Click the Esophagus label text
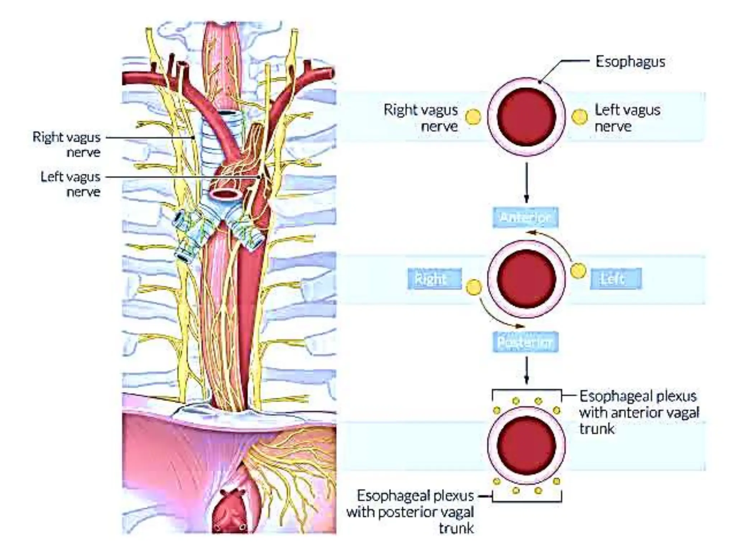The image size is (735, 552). tap(630, 62)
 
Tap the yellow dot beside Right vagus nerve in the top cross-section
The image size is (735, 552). tap(473, 117)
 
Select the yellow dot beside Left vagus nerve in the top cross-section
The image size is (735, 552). tap(579, 117)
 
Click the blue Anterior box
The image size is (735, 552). tap(525, 217)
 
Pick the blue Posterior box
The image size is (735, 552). tap(525, 342)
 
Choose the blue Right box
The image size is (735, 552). tap(435, 279)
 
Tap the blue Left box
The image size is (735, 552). tap(615, 279)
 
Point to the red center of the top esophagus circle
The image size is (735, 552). tap(526, 117)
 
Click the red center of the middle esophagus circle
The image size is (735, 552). tap(526, 279)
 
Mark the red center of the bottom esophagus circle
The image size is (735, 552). tap(526, 445)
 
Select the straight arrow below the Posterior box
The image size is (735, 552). tap(526, 370)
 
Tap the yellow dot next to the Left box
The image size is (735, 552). tap(578, 271)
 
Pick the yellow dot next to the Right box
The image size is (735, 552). tap(473, 287)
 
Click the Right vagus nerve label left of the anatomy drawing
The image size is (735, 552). tap(67, 144)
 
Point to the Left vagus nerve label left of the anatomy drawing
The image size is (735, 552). tap(71, 184)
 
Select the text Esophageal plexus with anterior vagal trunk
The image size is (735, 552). tap(639, 412)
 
